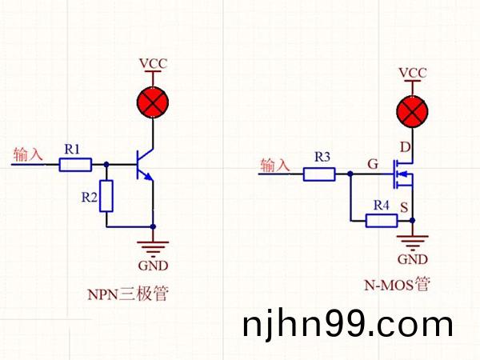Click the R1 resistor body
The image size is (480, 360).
click(76, 165)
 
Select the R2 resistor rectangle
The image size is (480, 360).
click(106, 196)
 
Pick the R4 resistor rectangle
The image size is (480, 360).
click(382, 220)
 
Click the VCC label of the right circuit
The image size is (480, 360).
click(413, 73)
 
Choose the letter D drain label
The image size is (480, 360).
click(404, 147)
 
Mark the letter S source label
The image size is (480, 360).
click(404, 207)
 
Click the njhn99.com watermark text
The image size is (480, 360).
click(347, 325)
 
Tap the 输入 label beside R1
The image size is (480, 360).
click(30, 154)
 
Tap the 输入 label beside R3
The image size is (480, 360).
click(277, 166)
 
